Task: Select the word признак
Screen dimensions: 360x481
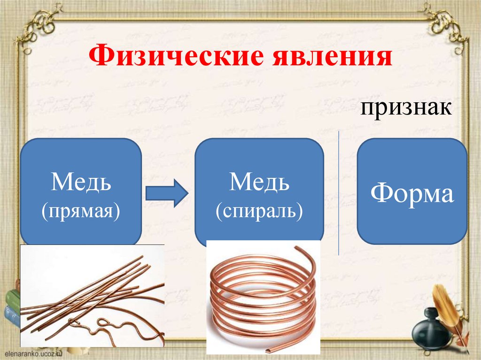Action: pyautogui.click(x=406, y=109)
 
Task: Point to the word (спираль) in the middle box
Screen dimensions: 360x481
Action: pyautogui.click(x=259, y=211)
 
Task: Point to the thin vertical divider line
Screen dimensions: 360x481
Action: pyautogui.click(x=339, y=192)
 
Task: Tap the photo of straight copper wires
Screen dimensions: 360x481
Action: pyautogui.click(x=92, y=296)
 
